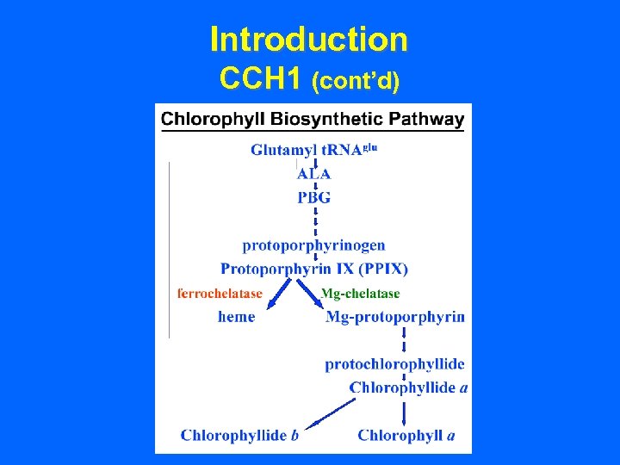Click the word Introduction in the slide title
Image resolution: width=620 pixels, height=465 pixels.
coord(309,39)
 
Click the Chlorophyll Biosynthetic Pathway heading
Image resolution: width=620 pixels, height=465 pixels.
coord(313,119)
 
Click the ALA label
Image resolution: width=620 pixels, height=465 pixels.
coord(313,173)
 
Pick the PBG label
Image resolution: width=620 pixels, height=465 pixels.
coord(314,197)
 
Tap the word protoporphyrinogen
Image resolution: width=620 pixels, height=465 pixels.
coord(313,245)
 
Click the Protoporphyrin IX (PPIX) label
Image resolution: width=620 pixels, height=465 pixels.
coord(314,269)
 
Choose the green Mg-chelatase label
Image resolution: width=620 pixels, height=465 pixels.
coord(360,294)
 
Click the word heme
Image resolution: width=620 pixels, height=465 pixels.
coord(237,317)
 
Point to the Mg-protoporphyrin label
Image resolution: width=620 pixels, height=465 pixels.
coord(395,317)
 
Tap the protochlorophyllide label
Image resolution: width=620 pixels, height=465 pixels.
coord(395,364)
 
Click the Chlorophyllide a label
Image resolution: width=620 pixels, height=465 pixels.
coord(408,387)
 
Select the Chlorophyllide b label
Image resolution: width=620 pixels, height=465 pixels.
coord(239,435)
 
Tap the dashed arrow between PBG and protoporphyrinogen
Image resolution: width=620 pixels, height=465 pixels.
coord(316,220)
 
